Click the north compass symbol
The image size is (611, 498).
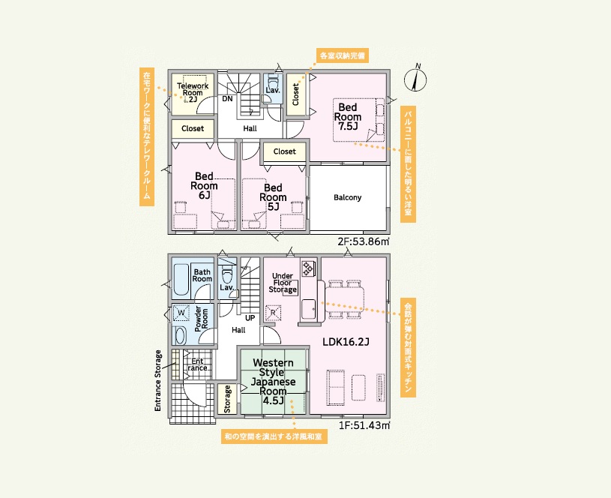click(x=415, y=79)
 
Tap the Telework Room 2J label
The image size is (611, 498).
click(x=193, y=92)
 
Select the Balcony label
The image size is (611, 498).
click(x=348, y=197)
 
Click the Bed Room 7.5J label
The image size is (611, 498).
click(x=348, y=116)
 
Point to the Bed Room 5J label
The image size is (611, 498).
click(x=273, y=197)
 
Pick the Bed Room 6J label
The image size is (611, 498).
click(x=204, y=186)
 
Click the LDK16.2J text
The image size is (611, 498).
click(x=346, y=342)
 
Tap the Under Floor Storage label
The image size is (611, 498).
click(x=283, y=283)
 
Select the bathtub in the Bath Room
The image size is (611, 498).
click(x=181, y=280)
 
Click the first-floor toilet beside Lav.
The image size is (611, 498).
click(x=227, y=274)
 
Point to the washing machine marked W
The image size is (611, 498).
click(x=181, y=313)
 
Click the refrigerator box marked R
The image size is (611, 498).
click(x=273, y=313)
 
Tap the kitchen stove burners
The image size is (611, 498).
click(x=308, y=268)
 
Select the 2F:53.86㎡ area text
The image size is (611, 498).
click(x=364, y=241)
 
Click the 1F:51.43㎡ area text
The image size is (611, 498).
click(x=364, y=425)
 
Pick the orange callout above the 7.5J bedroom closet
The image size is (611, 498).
click(x=343, y=55)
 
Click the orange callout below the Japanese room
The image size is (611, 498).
click(x=274, y=436)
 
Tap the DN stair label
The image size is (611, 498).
click(x=227, y=99)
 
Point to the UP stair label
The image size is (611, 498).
click(x=250, y=318)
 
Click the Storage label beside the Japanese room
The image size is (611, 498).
click(x=228, y=399)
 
